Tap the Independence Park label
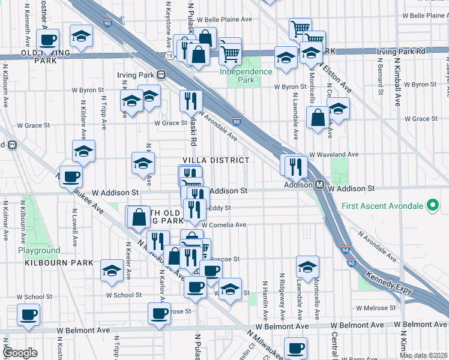[x=246, y=76]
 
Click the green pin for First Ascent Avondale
[x=432, y=206]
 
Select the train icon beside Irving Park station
[x=161, y=75]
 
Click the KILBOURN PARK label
[x=59, y=263]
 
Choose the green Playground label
[x=39, y=250]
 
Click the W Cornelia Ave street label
[x=224, y=225]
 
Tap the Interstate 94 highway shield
[x=351, y=254]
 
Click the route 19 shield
[x=170, y=55]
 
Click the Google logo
[x=20, y=352]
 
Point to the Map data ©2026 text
[x=423, y=355]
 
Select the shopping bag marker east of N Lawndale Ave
[x=318, y=118]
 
